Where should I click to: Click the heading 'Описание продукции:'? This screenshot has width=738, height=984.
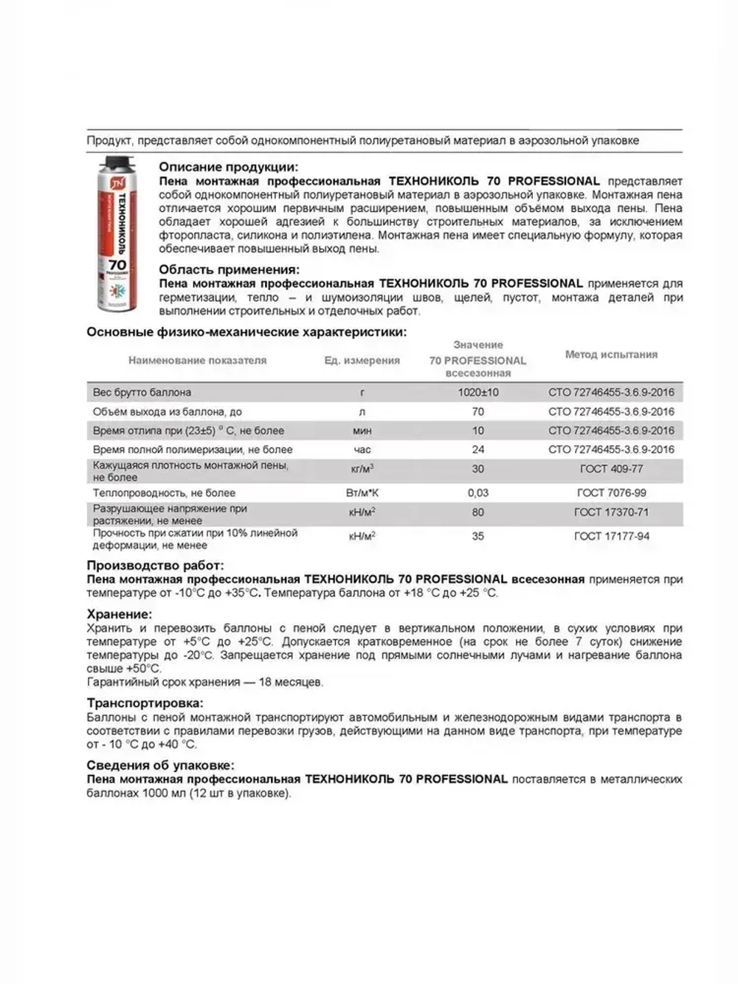tap(229, 167)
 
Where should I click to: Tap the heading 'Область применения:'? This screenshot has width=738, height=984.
tap(230, 269)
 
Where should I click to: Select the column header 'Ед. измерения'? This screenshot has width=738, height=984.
tap(362, 360)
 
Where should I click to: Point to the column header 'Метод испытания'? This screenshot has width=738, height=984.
tap(611, 354)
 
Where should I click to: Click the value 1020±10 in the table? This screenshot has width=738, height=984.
tap(478, 393)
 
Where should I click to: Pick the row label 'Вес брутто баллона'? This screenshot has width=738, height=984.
tap(142, 393)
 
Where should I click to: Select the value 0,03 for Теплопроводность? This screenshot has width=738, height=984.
tap(478, 492)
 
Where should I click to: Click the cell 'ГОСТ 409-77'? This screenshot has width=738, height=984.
tap(610, 469)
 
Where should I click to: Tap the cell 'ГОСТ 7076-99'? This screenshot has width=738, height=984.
tap(610, 492)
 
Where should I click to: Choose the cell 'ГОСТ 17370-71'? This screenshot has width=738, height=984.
tap(611, 512)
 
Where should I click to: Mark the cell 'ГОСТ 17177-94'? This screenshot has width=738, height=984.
tap(611, 536)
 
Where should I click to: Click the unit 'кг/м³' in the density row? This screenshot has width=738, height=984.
tap(362, 469)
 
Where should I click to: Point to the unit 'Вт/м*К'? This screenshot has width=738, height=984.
tap(362, 492)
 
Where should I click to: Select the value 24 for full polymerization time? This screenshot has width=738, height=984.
tap(478, 450)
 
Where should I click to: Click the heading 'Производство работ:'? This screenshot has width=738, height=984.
tap(144, 566)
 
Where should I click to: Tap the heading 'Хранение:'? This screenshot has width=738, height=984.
tap(120, 614)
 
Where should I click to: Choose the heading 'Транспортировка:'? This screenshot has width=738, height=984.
tap(145, 703)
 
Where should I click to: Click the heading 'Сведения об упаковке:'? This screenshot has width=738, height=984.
tap(161, 765)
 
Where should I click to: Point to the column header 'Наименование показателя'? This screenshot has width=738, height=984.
tap(197, 360)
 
